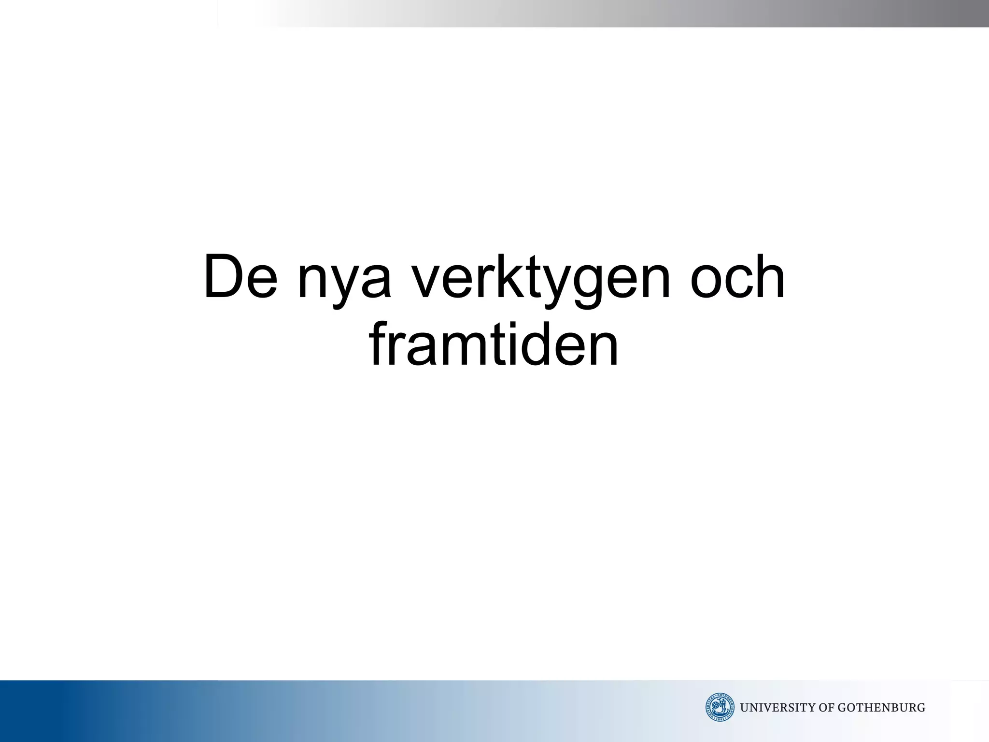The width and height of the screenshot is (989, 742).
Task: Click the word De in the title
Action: pos(240,277)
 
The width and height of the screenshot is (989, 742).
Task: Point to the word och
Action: pos(737,277)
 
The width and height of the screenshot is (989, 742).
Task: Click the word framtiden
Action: pos(494,343)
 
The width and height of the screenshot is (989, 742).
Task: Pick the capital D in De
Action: pos(224,277)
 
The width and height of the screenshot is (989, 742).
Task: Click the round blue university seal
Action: pos(720,708)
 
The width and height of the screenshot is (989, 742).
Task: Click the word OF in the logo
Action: pos(827,708)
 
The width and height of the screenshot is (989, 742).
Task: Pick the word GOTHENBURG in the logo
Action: pos(881,708)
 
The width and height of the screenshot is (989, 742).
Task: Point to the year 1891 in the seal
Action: pos(720,719)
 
